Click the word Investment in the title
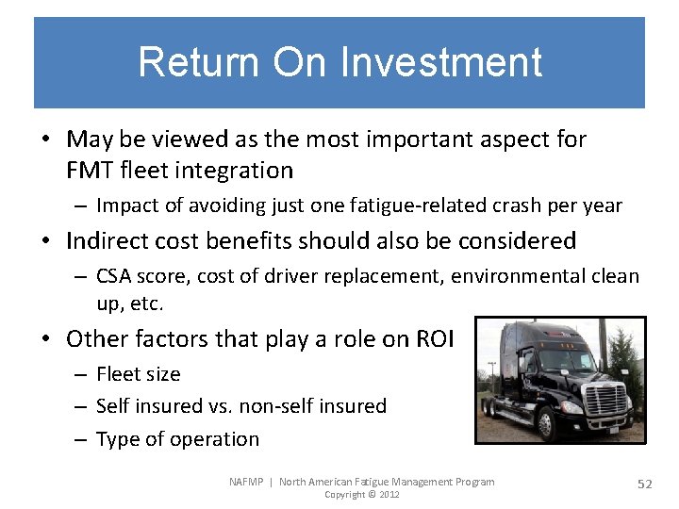point(440,62)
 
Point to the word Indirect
point(107,241)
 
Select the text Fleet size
point(139,374)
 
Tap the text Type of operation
point(177,439)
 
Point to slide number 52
point(645,484)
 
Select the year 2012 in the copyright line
point(388,495)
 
